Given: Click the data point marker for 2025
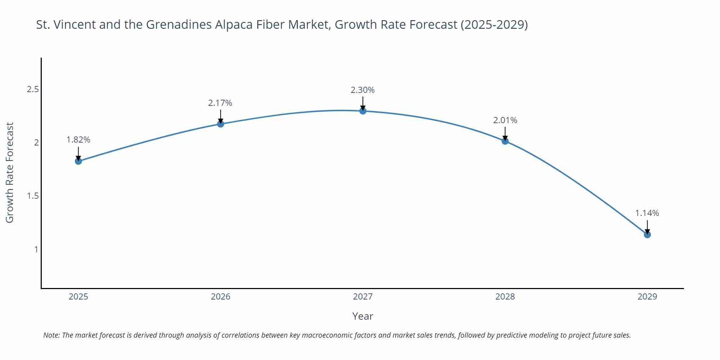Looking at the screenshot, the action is [x=78, y=161].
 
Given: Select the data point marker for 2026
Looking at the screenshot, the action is [x=220, y=124].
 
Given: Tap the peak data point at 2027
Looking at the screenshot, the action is [x=363, y=111].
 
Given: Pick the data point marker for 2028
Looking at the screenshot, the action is [x=505, y=141].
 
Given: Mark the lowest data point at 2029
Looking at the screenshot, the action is [x=647, y=235].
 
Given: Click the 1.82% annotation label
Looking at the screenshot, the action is [x=78, y=140].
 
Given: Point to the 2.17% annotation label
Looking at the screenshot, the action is [x=220, y=103].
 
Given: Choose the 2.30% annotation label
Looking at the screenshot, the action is [x=363, y=90].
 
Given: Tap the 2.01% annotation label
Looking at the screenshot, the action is [x=505, y=120].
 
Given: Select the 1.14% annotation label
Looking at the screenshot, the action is [x=647, y=213].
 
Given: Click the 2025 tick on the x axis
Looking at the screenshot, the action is [x=78, y=297].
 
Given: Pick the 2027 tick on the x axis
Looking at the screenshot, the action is [x=363, y=297].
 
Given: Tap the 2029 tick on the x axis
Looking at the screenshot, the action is [x=647, y=297].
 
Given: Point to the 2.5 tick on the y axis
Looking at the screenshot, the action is [x=33, y=89].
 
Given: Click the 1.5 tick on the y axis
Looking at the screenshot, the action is [x=33, y=196].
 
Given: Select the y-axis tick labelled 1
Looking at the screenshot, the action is [x=36, y=249].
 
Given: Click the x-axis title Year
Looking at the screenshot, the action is [x=363, y=316].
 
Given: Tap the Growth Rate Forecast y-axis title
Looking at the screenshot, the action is [x=10, y=172].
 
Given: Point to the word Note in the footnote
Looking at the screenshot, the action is [x=51, y=335].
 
